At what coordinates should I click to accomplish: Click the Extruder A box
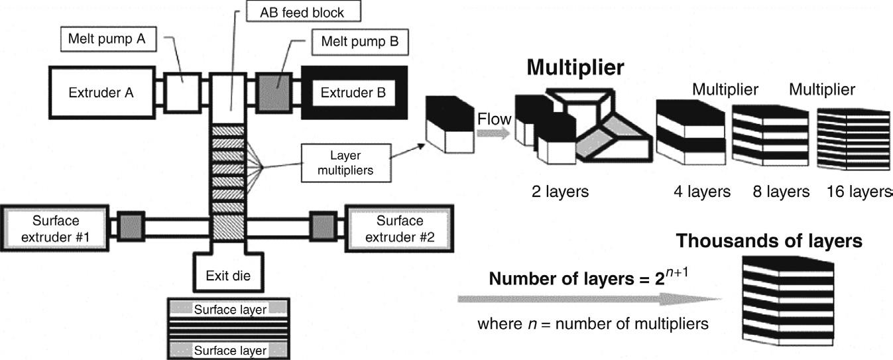click(x=102, y=93)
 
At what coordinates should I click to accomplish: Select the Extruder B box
click(x=354, y=93)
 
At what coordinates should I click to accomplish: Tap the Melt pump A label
click(x=109, y=39)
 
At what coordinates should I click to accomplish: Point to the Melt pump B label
click(x=360, y=42)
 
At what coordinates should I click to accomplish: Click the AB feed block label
click(x=304, y=11)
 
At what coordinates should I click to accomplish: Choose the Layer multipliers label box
click(x=346, y=162)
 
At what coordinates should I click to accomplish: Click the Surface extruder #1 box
click(x=54, y=229)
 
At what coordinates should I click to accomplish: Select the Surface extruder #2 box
click(x=400, y=229)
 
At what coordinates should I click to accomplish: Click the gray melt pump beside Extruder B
click(x=274, y=93)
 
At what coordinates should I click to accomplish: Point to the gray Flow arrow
click(x=493, y=133)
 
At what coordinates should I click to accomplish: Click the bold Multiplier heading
click(x=575, y=67)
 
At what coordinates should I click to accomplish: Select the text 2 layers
click(x=560, y=192)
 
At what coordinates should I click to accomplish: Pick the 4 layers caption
click(x=702, y=192)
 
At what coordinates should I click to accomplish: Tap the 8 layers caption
click(x=781, y=192)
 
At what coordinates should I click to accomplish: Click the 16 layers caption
click(x=859, y=192)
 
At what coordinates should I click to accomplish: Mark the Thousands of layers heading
click(x=769, y=241)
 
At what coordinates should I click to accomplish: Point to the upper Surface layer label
click(x=230, y=310)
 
